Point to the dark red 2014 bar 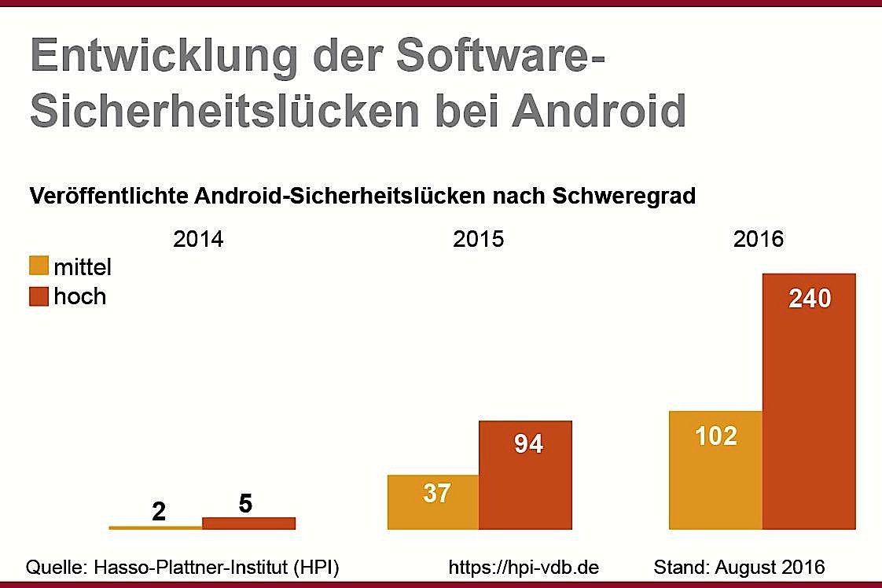point(248,524)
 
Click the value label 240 point(809,299)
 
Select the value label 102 point(716,435)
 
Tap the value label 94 point(528,444)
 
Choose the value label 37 point(436,494)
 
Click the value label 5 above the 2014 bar point(245,504)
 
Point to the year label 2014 point(198,239)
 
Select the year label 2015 point(478,239)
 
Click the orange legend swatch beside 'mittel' point(39,266)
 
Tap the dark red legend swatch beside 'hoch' point(39,296)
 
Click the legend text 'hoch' point(79,296)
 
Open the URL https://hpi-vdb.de point(524,567)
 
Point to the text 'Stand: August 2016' point(739,567)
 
